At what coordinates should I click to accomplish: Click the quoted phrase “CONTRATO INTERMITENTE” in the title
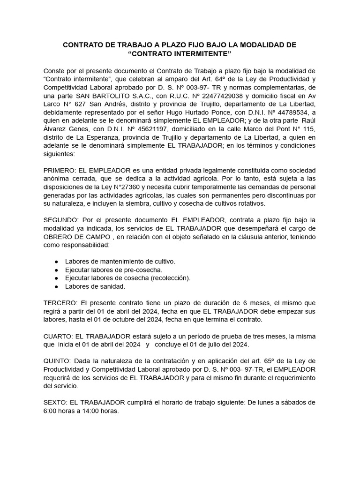pos(180,54)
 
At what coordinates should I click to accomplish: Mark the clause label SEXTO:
pos(55,403)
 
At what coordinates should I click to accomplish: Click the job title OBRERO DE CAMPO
pos(78,237)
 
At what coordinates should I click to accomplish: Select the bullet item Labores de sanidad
pos(95,286)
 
